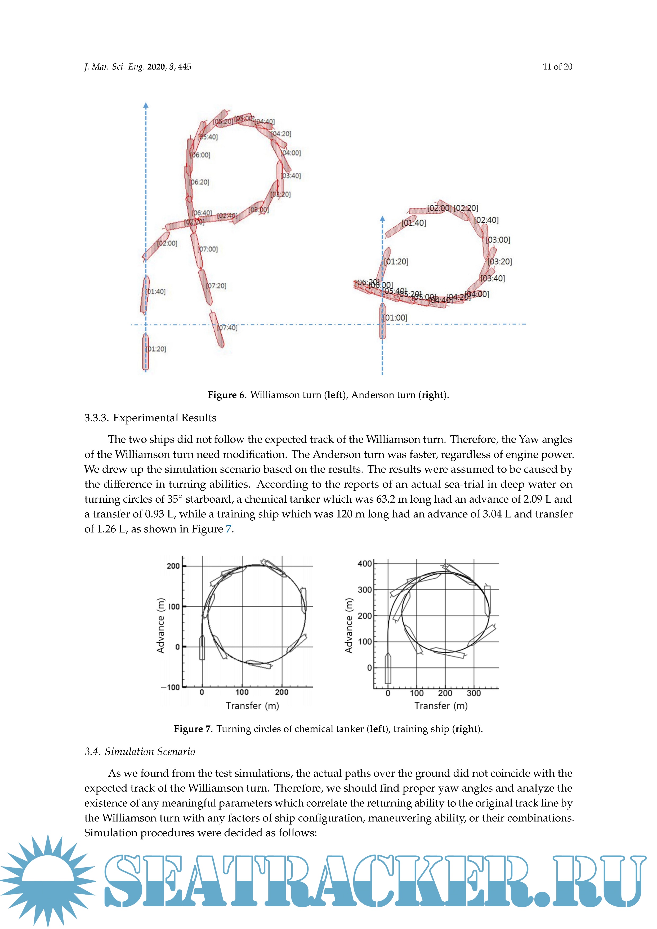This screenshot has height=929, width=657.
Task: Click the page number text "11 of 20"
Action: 557,67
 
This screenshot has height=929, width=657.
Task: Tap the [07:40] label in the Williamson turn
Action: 228,328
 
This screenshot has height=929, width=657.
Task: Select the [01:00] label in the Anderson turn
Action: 395,318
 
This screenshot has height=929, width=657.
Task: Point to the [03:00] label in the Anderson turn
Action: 498,240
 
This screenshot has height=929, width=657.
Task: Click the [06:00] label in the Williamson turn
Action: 201,155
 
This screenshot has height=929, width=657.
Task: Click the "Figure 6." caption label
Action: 227,395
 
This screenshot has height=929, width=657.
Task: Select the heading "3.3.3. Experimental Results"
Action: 150,418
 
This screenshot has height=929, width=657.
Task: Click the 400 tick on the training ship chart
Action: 364,564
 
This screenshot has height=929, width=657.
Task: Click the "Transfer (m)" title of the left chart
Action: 252,706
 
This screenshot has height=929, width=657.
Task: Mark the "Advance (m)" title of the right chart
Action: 348,626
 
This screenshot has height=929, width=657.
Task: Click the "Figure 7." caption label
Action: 193,729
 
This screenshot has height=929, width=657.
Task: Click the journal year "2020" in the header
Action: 156,67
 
